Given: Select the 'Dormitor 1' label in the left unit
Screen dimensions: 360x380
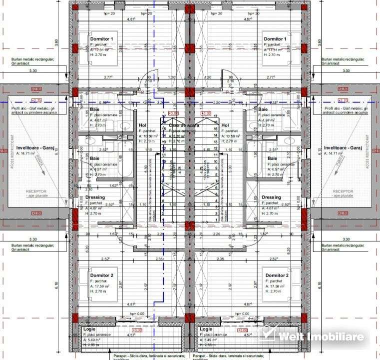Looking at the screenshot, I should click(102, 39).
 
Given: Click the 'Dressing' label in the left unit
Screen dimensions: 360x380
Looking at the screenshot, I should click(95, 197).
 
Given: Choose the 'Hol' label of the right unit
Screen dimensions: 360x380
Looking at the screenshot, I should click(225, 125).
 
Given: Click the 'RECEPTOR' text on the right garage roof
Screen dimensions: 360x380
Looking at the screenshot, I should click(343, 191).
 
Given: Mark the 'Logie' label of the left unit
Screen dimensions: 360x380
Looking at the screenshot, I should click(89, 329).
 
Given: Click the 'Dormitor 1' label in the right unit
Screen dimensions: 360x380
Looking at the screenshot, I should click(275, 39).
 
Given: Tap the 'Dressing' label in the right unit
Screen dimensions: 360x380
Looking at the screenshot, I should click(271, 197).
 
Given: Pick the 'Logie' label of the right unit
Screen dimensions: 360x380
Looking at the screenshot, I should click(205, 329).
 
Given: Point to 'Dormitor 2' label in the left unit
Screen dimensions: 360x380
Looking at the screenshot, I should click(102, 275).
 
